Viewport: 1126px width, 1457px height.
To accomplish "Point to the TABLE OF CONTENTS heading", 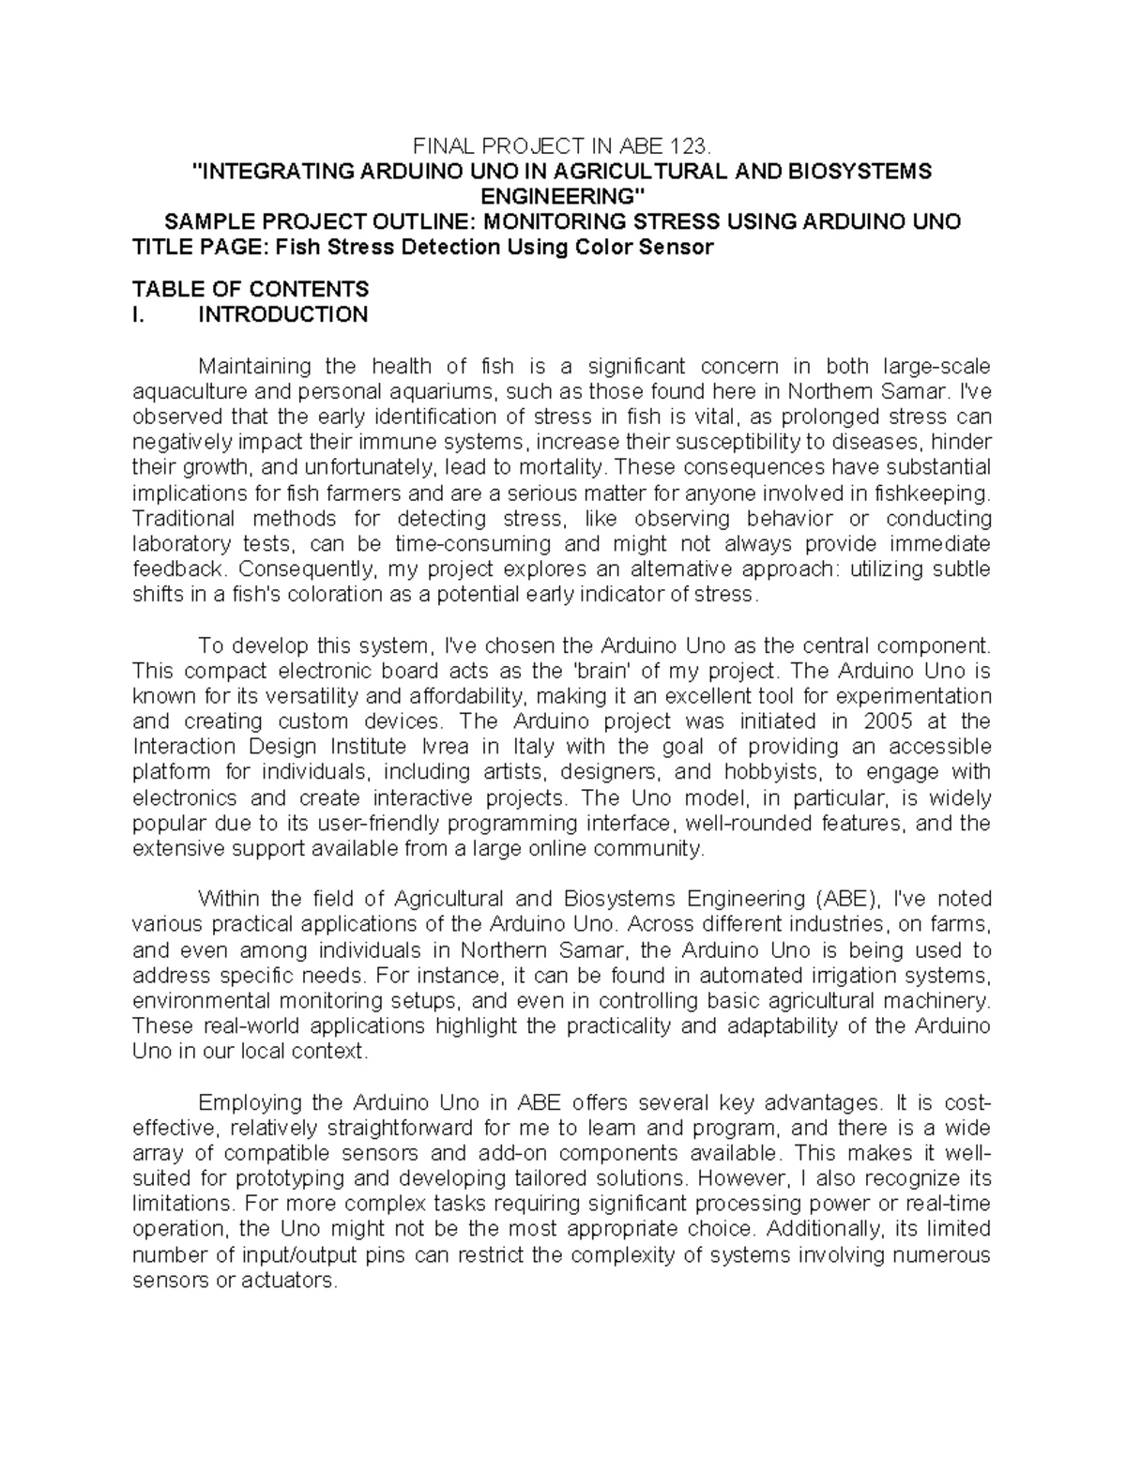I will click(x=251, y=289).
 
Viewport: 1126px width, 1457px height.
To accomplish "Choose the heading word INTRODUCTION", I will click(x=282, y=314).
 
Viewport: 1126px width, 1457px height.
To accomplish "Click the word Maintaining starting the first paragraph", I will click(x=254, y=366).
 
